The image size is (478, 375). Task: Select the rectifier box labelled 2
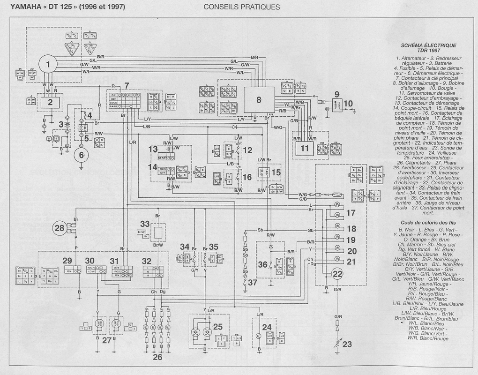coord(51,101)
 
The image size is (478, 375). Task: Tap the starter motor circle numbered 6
coord(81,155)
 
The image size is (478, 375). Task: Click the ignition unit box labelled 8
coord(259,100)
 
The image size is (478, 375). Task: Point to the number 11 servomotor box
coord(305,149)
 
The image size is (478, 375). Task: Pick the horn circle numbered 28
coord(60,228)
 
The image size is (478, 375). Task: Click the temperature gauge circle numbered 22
coord(337,274)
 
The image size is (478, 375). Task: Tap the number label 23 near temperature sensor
coord(347,345)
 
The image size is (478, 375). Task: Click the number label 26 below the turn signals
coord(157,357)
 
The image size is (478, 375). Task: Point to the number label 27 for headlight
coord(107,340)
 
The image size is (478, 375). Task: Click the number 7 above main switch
coord(126,86)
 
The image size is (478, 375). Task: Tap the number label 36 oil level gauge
coord(262,264)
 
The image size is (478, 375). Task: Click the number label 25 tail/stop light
coord(217,326)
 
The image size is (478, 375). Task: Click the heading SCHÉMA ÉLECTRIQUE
coord(428,45)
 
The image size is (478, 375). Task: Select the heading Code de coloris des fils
coord(428,222)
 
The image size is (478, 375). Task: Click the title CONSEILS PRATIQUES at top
coord(242,7)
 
